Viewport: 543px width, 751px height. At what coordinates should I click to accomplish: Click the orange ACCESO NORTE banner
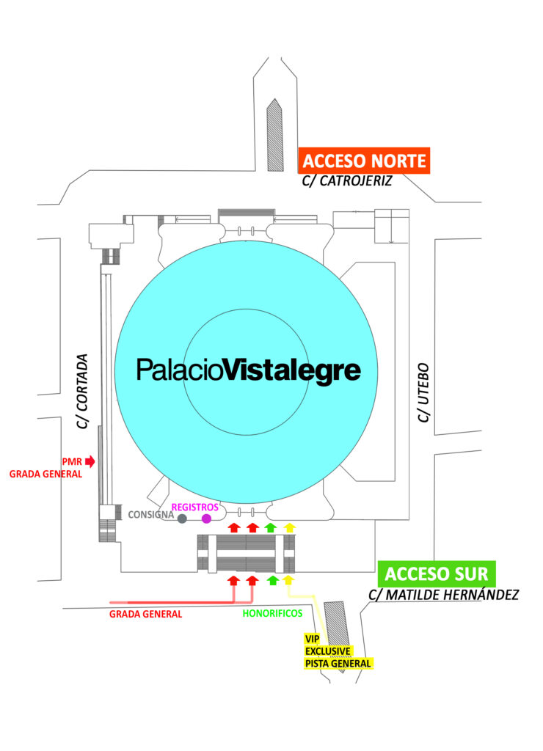tap(364, 161)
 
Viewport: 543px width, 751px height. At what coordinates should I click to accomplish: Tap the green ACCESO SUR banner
tap(437, 574)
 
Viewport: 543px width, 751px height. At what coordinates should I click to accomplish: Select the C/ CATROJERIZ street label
tap(347, 180)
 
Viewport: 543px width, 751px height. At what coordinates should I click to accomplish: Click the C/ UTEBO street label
tap(423, 393)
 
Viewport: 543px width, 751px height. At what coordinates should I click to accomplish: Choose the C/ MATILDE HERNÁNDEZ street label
tap(444, 595)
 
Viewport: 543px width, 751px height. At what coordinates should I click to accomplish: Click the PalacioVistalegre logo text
tap(249, 370)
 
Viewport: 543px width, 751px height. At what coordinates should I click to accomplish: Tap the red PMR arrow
tap(90, 462)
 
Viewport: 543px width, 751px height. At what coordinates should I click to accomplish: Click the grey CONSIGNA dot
tap(182, 519)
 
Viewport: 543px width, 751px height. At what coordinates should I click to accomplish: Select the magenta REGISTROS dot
tap(207, 519)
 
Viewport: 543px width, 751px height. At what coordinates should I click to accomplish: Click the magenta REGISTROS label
tap(195, 508)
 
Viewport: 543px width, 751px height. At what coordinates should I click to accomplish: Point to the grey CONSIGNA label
tap(151, 515)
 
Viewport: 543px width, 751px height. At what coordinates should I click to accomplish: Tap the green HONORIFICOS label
tap(272, 614)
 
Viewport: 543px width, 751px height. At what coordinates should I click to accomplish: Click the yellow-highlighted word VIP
tap(312, 639)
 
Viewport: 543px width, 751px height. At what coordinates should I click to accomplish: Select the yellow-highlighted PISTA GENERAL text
tap(338, 663)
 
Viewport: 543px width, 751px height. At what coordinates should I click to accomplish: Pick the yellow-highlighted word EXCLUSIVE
tap(328, 651)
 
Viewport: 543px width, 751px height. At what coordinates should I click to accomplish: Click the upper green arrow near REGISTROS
tap(271, 528)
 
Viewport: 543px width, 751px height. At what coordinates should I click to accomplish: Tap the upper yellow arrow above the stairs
tap(289, 528)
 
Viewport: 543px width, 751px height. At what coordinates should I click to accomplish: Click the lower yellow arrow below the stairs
tap(288, 580)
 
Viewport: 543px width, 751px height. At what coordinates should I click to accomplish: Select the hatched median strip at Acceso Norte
tap(274, 135)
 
